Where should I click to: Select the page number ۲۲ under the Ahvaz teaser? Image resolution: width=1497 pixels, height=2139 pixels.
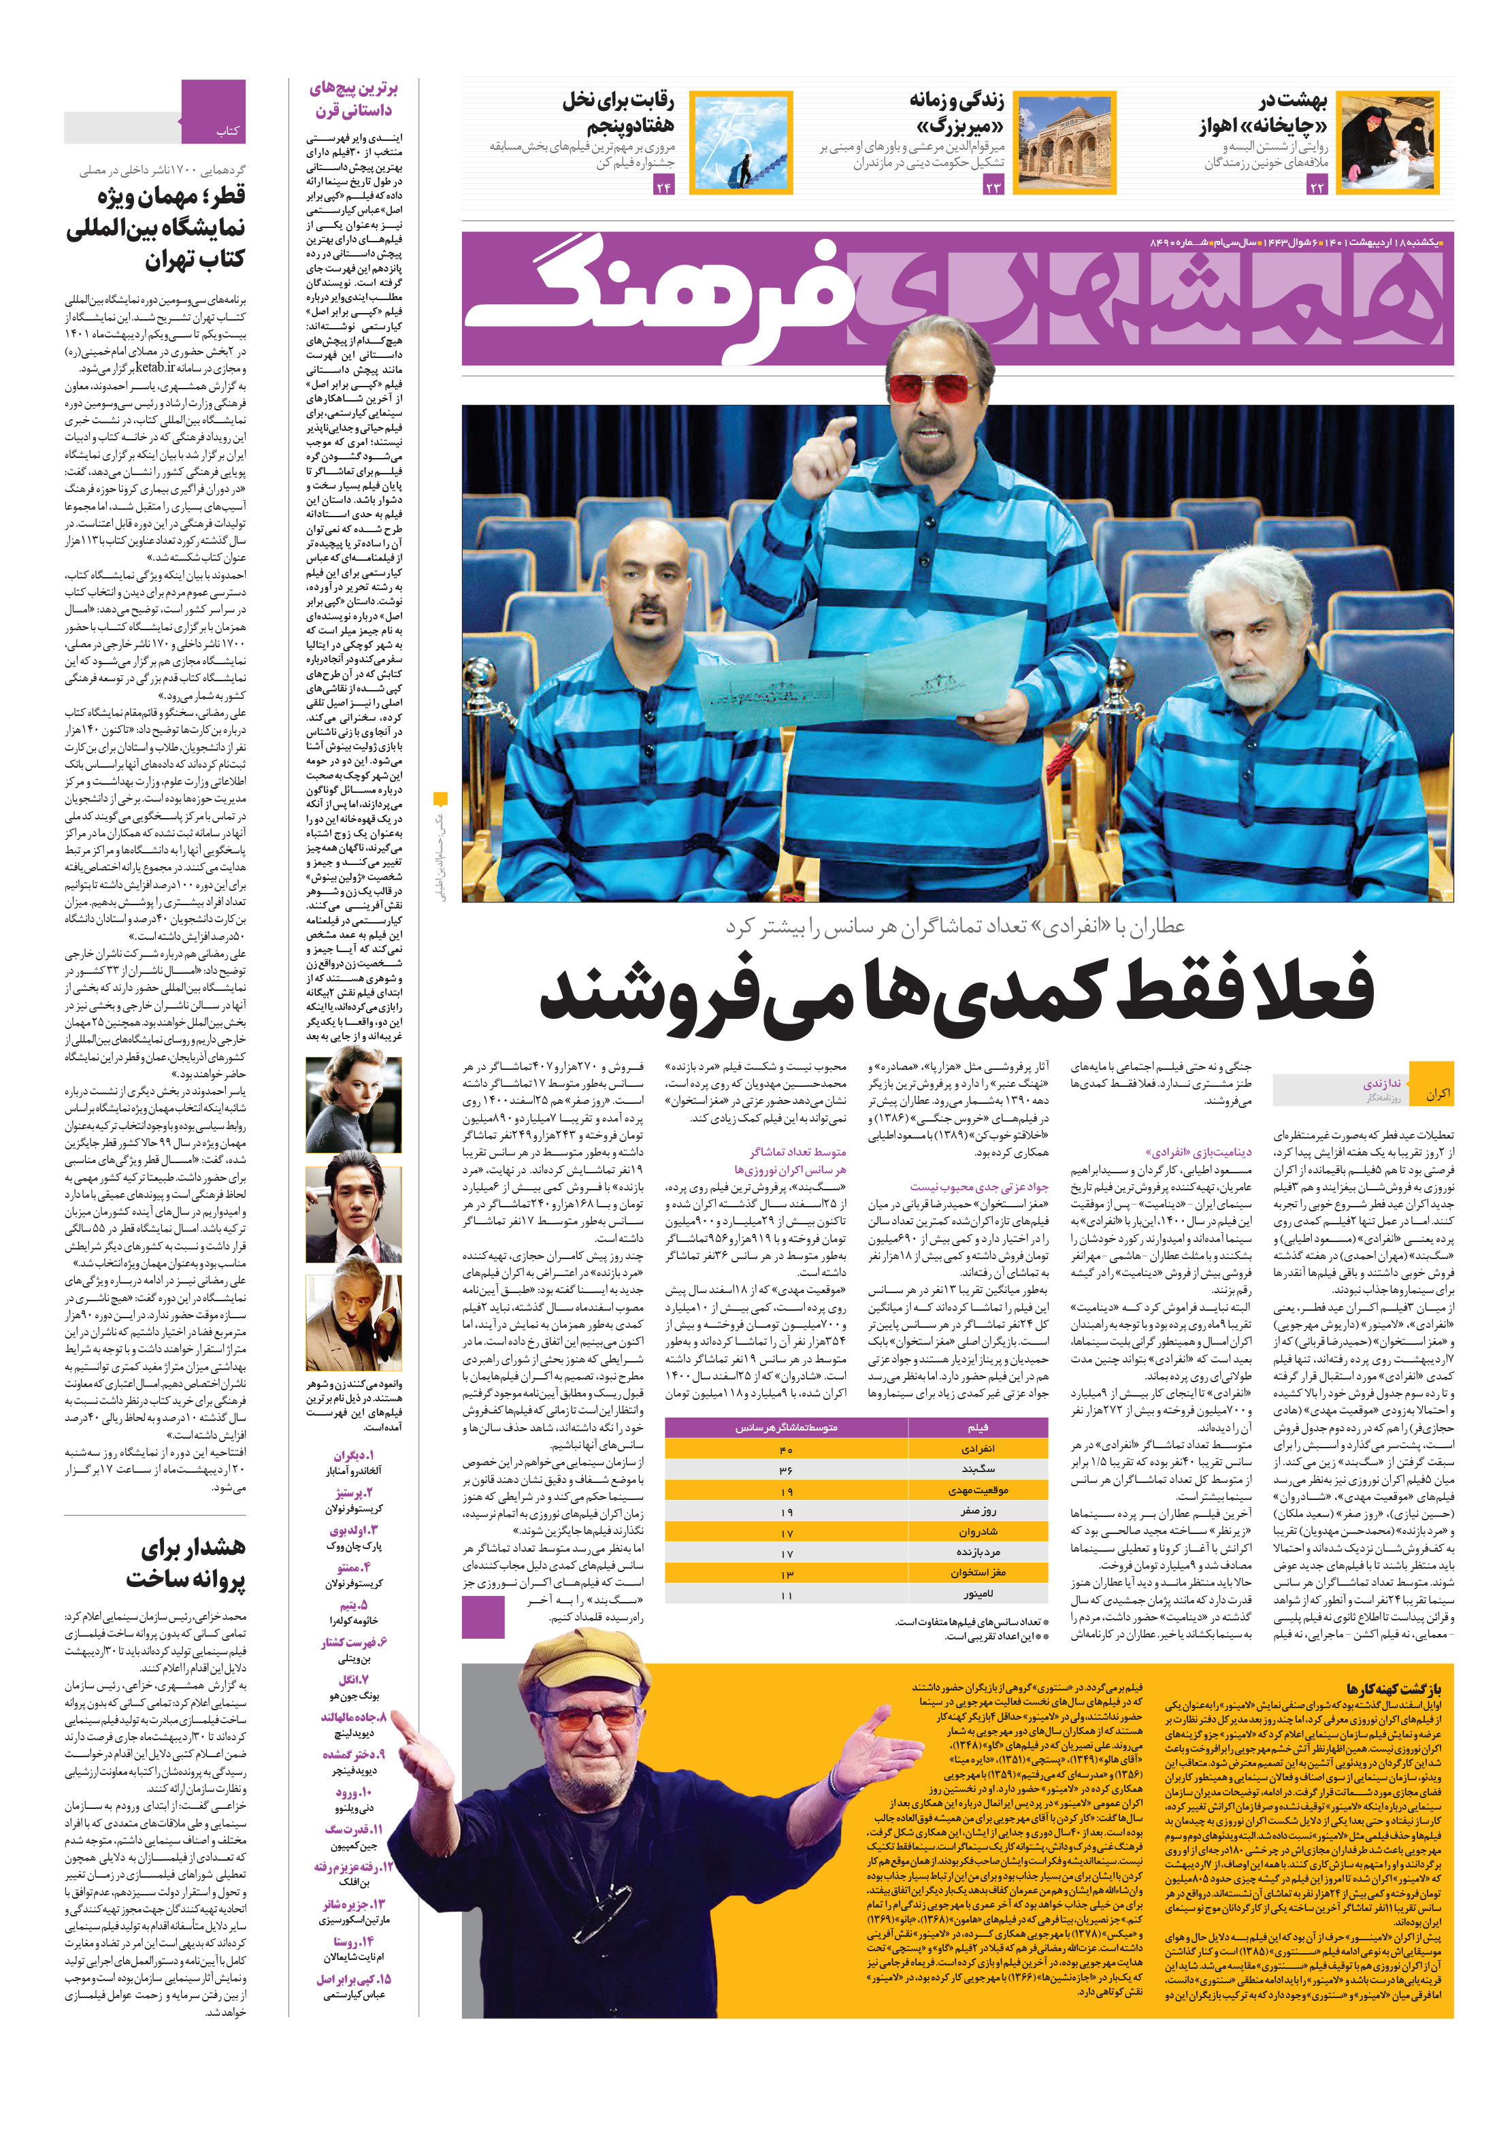[x=1316, y=186]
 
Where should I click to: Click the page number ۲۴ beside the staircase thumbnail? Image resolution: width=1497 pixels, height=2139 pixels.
[x=663, y=186]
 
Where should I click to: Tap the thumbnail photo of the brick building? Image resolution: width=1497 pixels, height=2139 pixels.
[x=1063, y=142]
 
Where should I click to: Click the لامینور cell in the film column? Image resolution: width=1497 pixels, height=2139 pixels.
[x=978, y=1594]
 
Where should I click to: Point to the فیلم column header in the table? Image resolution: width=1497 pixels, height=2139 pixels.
[x=978, y=1427]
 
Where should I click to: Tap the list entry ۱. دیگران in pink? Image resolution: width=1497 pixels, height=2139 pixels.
[x=354, y=1455]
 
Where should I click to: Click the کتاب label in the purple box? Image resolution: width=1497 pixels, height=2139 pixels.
[x=227, y=131]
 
